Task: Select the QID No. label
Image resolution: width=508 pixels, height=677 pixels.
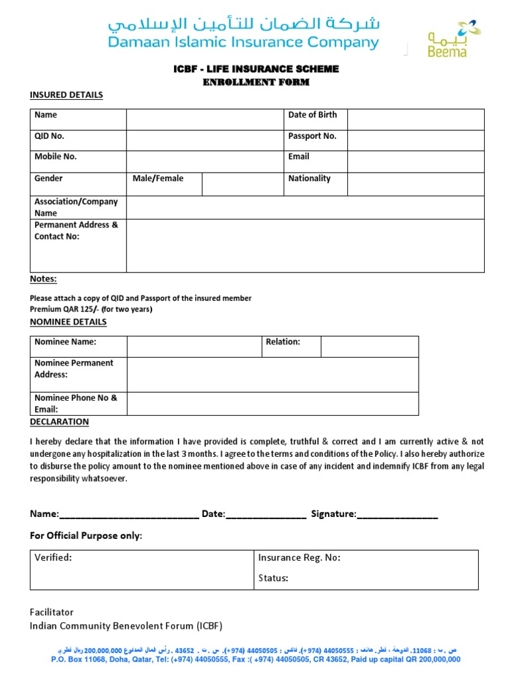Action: coord(50,136)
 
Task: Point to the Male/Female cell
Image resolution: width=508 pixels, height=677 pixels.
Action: coord(158,179)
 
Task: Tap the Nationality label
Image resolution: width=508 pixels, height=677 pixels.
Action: coord(309,179)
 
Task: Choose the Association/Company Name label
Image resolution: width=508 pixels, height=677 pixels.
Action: coord(76,207)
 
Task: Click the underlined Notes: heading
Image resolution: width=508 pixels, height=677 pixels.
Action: coord(43,279)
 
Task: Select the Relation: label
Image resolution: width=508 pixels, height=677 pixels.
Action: coord(283,342)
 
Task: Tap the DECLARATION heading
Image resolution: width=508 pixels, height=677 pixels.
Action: coord(60,422)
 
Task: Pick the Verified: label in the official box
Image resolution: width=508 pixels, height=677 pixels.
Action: coord(53,557)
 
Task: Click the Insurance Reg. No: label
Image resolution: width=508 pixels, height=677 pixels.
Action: coord(299,557)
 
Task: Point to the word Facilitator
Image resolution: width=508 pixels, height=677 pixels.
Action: coord(52,612)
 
